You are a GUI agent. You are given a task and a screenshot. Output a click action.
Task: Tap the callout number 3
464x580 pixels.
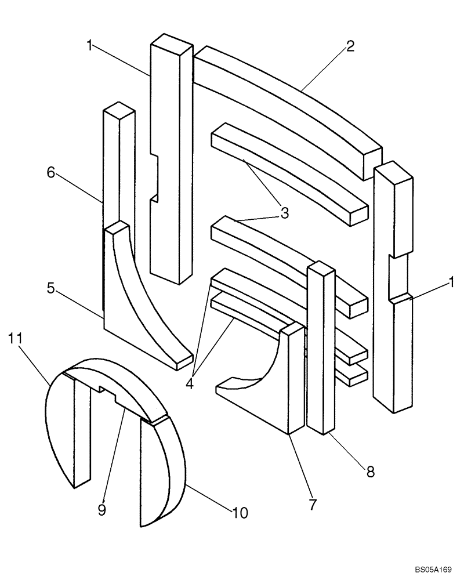point(284,213)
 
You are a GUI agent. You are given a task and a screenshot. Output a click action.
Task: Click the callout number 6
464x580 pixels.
point(51,172)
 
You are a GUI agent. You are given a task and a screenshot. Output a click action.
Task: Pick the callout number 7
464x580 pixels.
point(313,505)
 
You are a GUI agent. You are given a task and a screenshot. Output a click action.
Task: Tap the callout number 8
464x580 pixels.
point(369,471)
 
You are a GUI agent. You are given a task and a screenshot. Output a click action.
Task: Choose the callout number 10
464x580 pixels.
point(240,513)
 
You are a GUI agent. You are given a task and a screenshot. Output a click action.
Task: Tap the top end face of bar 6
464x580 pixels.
point(119,110)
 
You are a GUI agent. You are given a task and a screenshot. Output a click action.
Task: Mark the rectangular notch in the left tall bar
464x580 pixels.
point(154,177)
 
